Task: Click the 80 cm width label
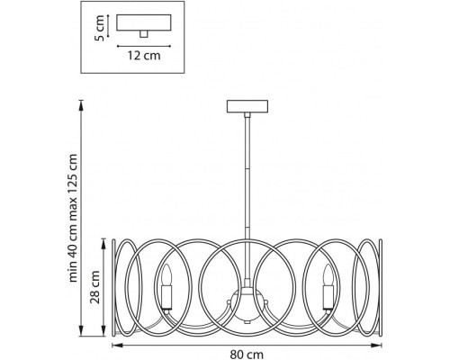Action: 247,355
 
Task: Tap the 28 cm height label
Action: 95,287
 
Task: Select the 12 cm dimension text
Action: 144,56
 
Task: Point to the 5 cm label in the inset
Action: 99,28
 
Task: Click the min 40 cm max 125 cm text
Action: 73,218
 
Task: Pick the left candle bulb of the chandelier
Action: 166,274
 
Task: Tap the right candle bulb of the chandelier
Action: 328,274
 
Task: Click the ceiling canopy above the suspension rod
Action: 247,106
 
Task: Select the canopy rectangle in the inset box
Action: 144,22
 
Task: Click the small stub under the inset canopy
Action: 144,34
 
